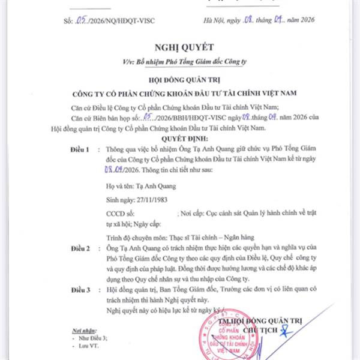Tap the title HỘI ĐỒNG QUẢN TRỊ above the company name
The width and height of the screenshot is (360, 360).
(x=180, y=79)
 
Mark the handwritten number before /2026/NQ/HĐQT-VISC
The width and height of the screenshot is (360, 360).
(x=85, y=20)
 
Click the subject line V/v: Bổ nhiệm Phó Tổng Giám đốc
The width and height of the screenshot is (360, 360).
(x=180, y=61)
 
